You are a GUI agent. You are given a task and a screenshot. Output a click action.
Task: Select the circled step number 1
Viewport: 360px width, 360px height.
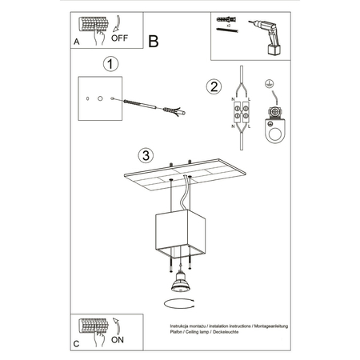coord(112,63)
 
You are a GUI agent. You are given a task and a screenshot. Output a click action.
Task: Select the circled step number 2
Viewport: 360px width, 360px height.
coord(213,86)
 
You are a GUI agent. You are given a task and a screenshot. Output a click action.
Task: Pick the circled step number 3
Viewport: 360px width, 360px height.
coord(144,154)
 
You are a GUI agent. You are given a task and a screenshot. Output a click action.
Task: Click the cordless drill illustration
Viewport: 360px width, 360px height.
coord(268,33)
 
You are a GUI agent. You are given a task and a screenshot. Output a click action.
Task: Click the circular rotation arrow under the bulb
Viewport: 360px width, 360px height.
coord(179,302)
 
